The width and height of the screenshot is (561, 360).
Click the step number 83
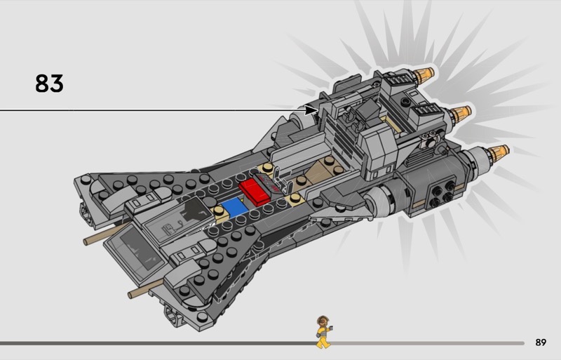click(x=49, y=84)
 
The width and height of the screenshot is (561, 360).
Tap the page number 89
click(x=540, y=342)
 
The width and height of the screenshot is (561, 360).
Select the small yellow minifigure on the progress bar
click(x=323, y=332)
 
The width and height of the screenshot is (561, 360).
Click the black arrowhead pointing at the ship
click(x=311, y=110)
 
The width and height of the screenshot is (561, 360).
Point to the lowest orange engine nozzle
click(x=497, y=152)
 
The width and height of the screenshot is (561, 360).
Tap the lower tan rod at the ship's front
click(x=140, y=289)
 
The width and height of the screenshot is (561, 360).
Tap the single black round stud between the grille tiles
click(x=406, y=102)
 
